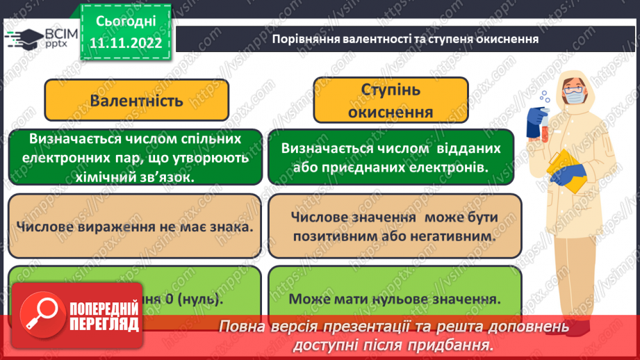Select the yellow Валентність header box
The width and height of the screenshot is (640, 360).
(x=136, y=100)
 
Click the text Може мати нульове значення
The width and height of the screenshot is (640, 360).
(x=394, y=300)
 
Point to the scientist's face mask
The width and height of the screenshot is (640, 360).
(x=574, y=98)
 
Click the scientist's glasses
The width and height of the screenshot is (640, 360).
(x=574, y=87)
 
